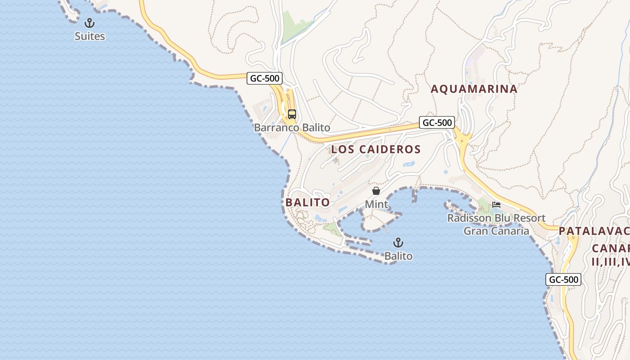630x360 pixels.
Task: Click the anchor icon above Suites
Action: [x=90, y=23]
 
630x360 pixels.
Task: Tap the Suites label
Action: [x=90, y=36]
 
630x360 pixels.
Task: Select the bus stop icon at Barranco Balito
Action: [x=292, y=114]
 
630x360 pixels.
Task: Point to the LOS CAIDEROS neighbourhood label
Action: [x=376, y=149]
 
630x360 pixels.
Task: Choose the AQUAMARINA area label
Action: [x=474, y=89]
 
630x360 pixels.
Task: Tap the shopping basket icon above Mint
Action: [x=376, y=191]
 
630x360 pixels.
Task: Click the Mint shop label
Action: [x=376, y=204]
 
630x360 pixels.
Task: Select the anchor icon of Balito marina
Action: [x=398, y=243]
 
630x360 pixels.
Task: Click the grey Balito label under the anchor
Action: [x=398, y=256]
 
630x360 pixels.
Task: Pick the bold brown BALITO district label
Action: [x=307, y=202]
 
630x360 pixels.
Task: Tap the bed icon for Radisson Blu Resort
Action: [x=496, y=205]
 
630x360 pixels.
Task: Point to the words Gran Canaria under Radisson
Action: [x=496, y=231]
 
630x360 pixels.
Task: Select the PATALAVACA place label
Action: [x=594, y=231]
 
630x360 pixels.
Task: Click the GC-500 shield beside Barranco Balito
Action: [x=265, y=78]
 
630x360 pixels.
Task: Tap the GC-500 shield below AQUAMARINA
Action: [x=436, y=122]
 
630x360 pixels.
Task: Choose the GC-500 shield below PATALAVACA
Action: [x=563, y=279]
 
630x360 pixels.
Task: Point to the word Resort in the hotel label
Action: [x=530, y=218]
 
